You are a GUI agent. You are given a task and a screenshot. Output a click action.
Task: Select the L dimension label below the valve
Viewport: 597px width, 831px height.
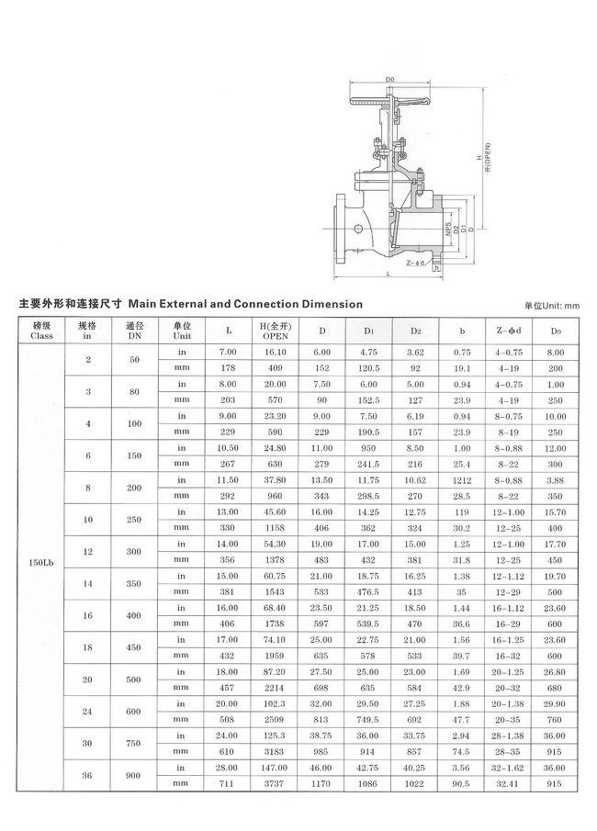pyautogui.click(x=389, y=275)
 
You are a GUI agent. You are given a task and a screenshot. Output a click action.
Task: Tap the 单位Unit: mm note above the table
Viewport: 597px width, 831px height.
pyautogui.click(x=552, y=305)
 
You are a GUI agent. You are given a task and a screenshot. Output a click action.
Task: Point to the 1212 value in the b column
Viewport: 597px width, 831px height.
pyautogui.click(x=462, y=477)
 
